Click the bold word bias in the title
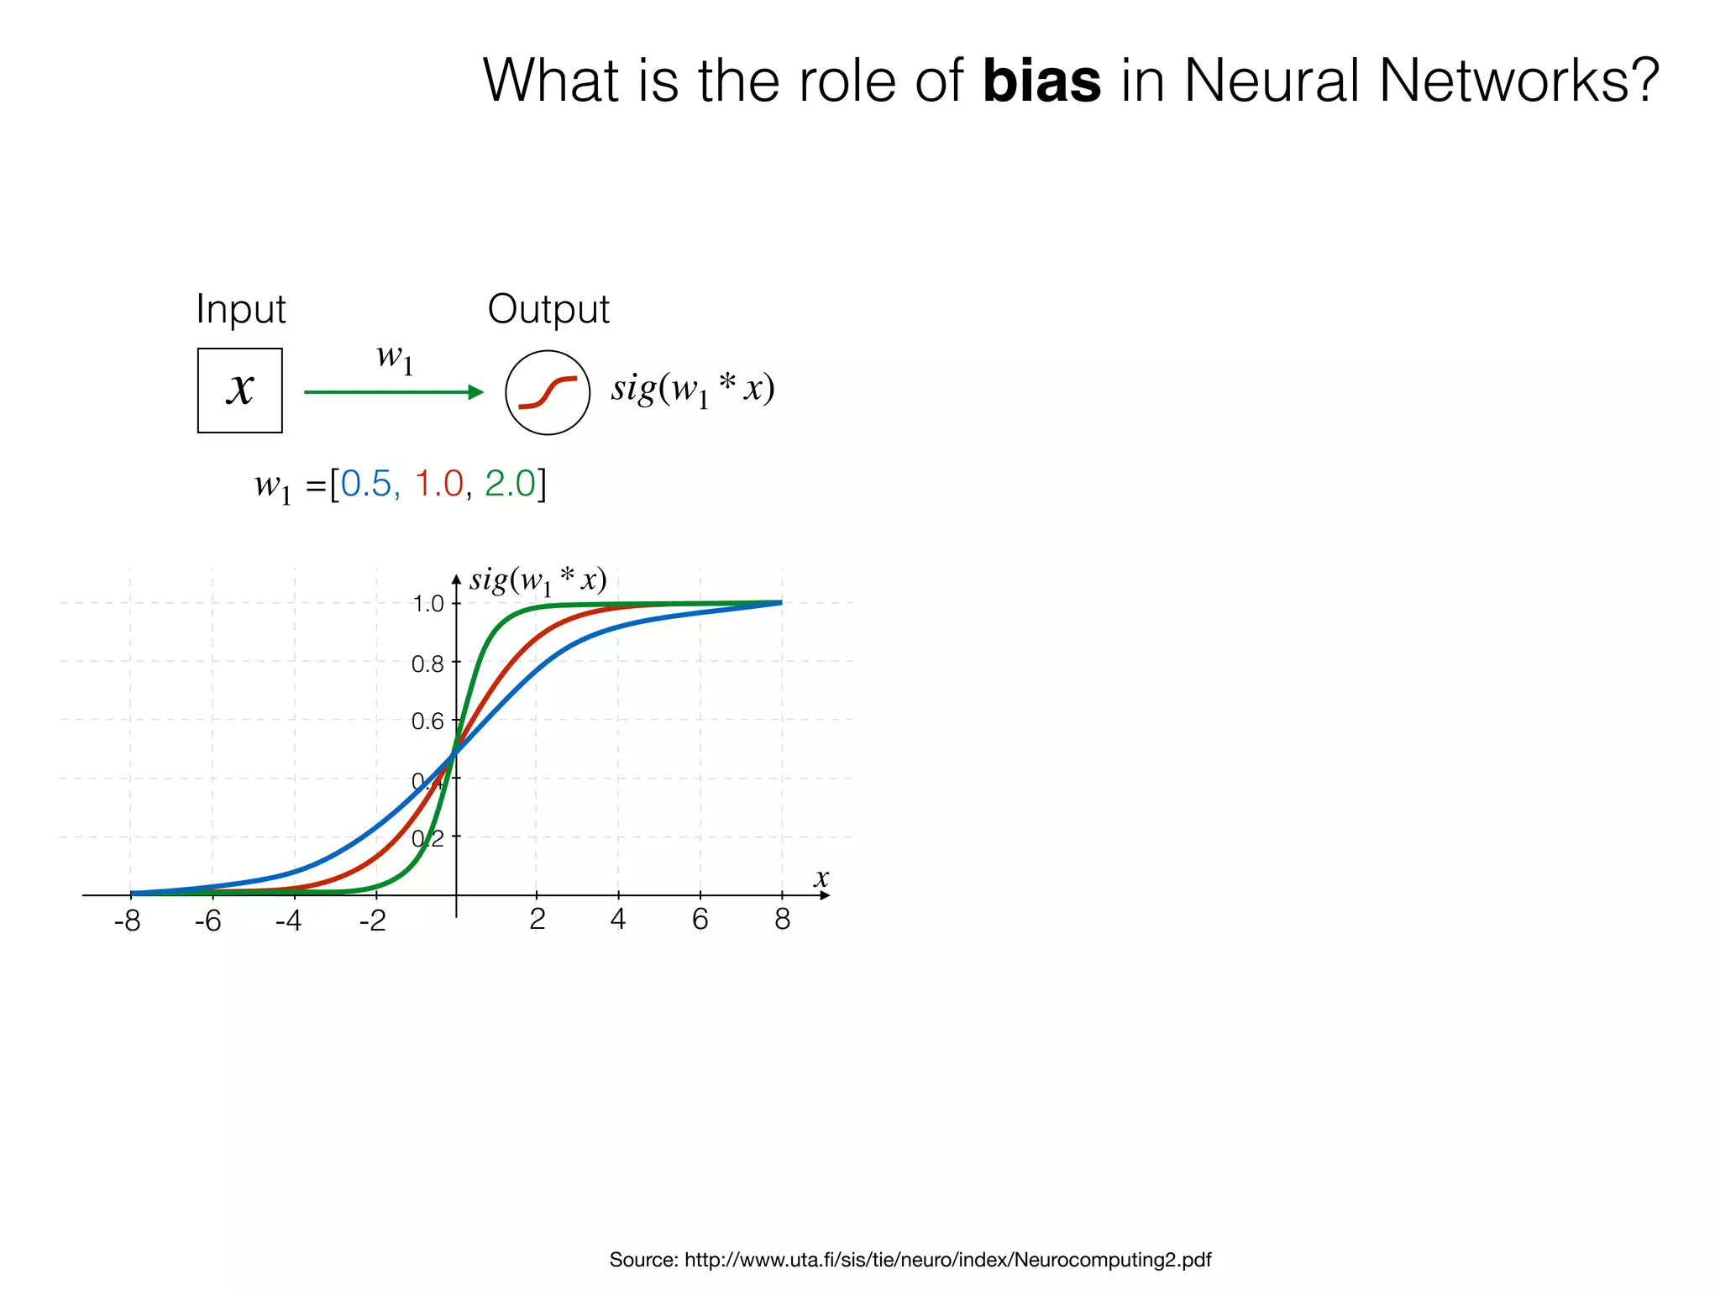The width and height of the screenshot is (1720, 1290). point(1041,81)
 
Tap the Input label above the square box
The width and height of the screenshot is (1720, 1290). point(241,310)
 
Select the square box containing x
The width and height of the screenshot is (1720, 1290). point(240,391)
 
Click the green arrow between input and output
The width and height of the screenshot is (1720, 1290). point(393,392)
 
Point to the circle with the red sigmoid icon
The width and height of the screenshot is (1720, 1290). point(548,392)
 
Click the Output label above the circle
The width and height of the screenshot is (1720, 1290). point(548,310)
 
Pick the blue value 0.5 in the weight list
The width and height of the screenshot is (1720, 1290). point(366,484)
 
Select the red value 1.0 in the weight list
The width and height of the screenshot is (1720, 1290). point(439,484)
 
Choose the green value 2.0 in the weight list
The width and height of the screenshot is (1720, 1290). point(510,484)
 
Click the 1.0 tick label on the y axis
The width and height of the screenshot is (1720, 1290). point(427,604)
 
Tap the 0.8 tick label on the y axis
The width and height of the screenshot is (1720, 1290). point(427,664)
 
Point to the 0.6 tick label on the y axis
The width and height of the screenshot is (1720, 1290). point(427,721)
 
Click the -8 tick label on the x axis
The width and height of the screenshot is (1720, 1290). point(128,921)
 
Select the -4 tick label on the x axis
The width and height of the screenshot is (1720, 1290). point(288,921)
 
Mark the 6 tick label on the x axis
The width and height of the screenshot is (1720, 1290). point(700,920)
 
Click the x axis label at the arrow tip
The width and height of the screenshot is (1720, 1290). point(821,878)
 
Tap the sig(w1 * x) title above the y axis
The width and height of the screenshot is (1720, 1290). point(537,580)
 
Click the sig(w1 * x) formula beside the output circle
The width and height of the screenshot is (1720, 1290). point(692,389)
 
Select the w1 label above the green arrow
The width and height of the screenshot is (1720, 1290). point(394,359)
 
